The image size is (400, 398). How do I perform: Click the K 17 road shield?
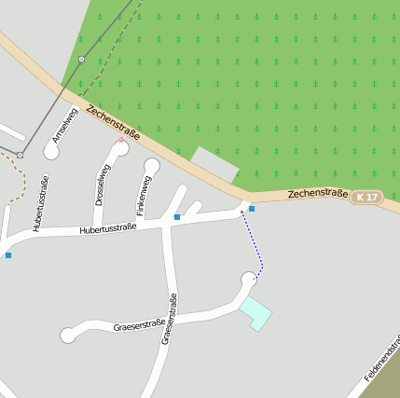(x=367, y=197)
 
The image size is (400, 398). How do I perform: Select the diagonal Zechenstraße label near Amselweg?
(x=112, y=122)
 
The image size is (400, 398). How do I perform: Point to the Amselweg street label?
(x=62, y=124)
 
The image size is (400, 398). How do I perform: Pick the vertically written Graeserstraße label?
(x=169, y=319)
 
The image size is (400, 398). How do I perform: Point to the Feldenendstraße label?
(x=382, y=361)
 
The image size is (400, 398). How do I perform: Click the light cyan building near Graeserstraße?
(x=255, y=312)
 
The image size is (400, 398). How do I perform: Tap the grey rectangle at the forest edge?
(x=215, y=164)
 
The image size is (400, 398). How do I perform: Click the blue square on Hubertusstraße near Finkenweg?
(x=176, y=217)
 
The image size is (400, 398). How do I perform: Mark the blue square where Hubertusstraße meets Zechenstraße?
(x=252, y=209)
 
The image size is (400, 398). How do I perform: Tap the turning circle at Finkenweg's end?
(x=152, y=166)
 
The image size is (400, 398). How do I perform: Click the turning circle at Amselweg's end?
(x=51, y=150)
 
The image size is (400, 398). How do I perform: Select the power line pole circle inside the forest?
(x=82, y=60)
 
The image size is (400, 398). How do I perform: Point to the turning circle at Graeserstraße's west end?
(x=68, y=335)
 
